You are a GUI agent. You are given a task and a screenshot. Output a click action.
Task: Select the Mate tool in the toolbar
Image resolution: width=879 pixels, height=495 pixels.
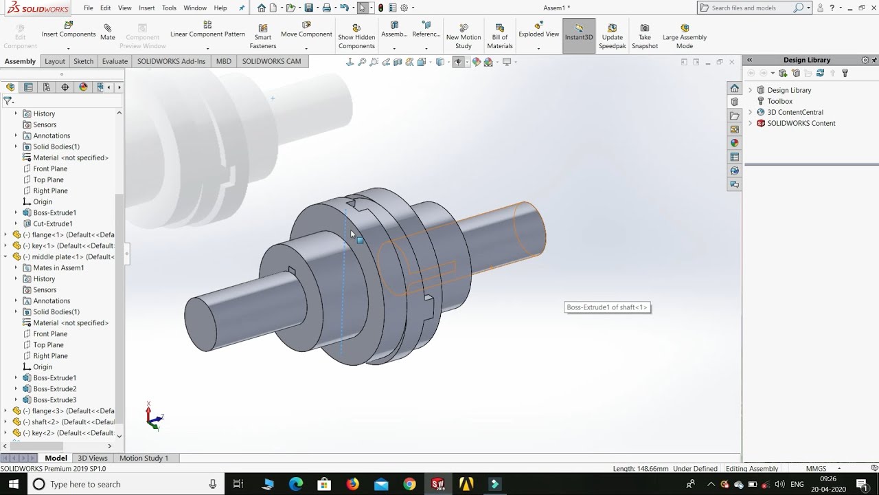(108, 32)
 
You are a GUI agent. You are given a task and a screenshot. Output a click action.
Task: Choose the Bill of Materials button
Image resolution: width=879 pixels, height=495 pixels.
(499, 36)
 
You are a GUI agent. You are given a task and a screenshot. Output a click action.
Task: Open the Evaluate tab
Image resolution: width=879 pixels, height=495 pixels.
(115, 61)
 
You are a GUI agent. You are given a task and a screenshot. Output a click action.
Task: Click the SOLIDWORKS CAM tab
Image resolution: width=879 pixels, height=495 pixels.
(271, 61)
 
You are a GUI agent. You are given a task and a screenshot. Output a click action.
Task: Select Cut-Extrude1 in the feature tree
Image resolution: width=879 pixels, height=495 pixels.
(53, 223)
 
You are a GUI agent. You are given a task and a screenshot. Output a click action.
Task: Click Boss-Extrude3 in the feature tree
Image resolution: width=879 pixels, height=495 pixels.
(55, 399)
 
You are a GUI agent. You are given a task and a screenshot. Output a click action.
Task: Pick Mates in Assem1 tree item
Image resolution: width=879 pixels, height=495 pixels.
(58, 267)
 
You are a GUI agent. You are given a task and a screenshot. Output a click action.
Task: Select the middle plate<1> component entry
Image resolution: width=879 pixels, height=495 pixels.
(69, 256)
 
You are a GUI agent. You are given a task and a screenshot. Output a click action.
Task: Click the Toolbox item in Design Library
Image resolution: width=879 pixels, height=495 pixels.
(779, 101)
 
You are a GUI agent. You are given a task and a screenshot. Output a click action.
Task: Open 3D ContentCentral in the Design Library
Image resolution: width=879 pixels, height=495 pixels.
(795, 112)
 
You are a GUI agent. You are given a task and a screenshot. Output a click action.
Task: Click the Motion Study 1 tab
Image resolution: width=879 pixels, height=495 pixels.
(144, 458)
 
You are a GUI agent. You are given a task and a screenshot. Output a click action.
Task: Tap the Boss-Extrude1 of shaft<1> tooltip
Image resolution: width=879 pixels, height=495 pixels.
(607, 307)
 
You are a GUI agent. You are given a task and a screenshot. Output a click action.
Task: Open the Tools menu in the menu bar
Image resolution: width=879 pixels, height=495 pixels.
(169, 8)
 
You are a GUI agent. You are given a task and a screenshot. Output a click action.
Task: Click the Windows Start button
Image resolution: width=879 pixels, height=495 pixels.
(13, 484)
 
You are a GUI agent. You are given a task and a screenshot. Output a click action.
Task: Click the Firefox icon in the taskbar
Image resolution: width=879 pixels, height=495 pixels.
(352, 484)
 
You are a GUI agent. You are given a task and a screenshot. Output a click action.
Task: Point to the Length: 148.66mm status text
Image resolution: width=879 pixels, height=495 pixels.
(640, 469)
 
